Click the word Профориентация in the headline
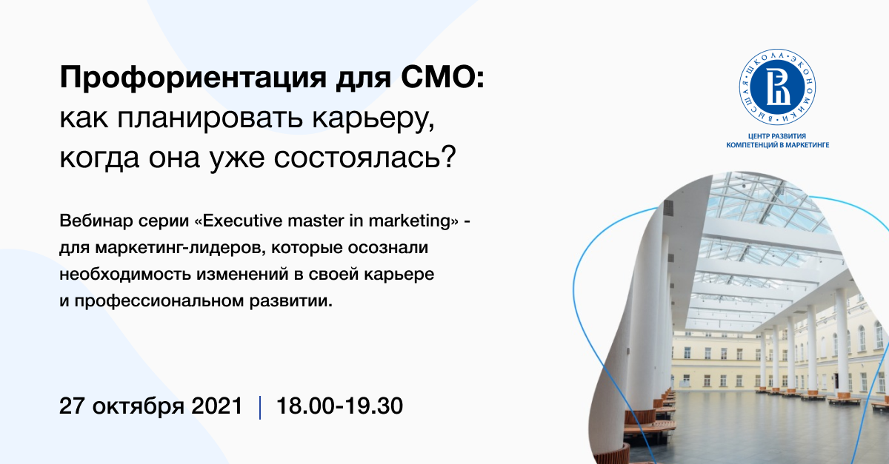pos(193,78)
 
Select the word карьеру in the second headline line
pos(373,119)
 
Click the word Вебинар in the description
pos(96,220)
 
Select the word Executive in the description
pos(242,220)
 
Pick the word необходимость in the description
pos(125,275)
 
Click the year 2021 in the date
pos(216,406)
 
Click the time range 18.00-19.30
pos(339,406)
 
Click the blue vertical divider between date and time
pos(260,407)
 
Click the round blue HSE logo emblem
pos(777,87)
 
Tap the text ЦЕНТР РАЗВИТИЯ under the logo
pos(777,136)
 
